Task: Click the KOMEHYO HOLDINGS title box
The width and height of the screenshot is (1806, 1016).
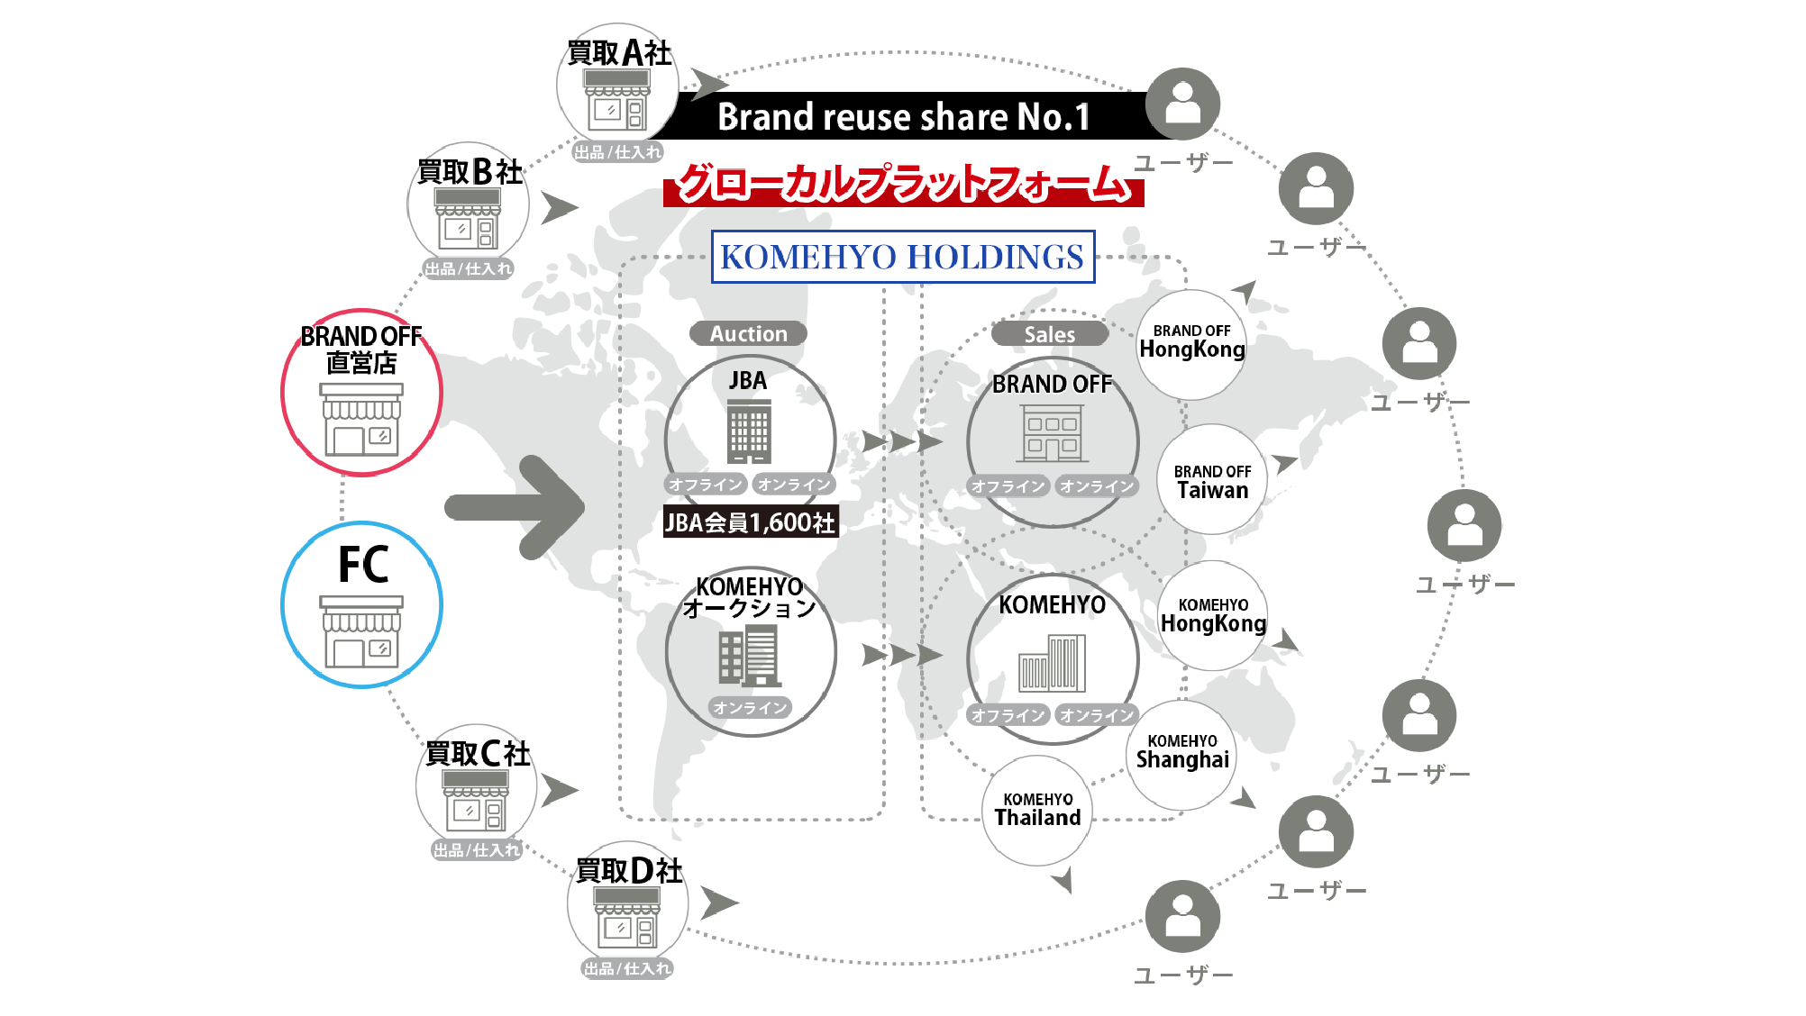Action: pyautogui.click(x=903, y=257)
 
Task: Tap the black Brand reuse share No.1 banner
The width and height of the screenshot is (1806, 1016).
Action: pyautogui.click(x=903, y=116)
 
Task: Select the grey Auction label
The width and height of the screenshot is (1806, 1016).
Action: pyautogui.click(x=748, y=333)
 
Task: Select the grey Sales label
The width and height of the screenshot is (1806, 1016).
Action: pyautogui.click(x=1049, y=334)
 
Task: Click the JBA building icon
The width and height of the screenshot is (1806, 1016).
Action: pyautogui.click(x=749, y=431)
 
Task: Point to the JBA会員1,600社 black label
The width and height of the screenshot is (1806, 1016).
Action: pyautogui.click(x=750, y=522)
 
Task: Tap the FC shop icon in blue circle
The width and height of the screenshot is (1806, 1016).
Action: pyautogui.click(x=361, y=630)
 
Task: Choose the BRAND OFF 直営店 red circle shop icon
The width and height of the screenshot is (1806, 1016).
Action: pyautogui.click(x=361, y=419)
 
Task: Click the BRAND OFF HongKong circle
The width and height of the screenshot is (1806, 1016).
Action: pyautogui.click(x=1191, y=344)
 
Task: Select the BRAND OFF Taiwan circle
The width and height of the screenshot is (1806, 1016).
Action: pyautogui.click(x=1212, y=480)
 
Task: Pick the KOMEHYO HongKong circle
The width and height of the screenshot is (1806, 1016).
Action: pyautogui.click(x=1213, y=616)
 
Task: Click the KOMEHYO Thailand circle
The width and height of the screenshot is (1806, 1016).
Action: pyautogui.click(x=1037, y=811)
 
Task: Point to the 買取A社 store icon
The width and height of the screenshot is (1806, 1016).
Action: pyautogui.click(x=617, y=101)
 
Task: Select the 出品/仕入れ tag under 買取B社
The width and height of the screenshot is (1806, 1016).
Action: pyautogui.click(x=468, y=268)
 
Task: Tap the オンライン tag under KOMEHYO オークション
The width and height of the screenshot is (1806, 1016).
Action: pyautogui.click(x=750, y=708)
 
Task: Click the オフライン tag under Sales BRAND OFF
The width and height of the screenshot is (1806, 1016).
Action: pyautogui.click(x=1008, y=486)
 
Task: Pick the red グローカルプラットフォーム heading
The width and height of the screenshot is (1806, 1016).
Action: pyautogui.click(x=903, y=184)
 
